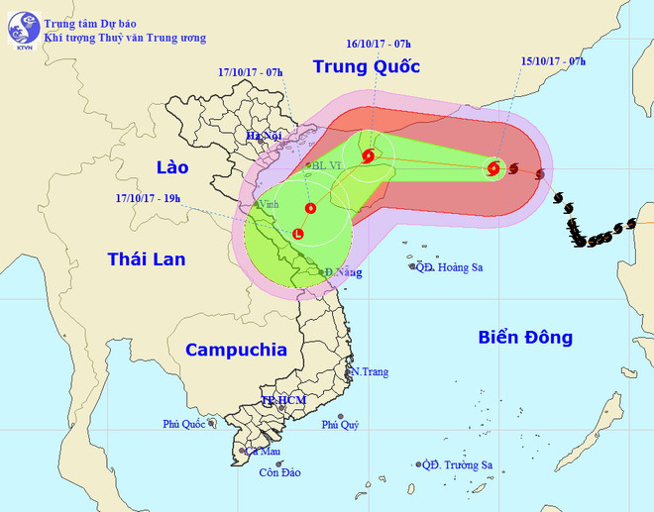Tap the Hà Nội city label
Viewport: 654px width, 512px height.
click(x=266, y=137)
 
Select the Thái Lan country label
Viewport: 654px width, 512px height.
click(x=146, y=258)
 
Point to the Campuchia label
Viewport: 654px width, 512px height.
click(x=236, y=350)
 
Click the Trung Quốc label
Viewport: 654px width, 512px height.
click(x=366, y=67)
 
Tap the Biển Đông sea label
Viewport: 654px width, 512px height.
click(x=525, y=337)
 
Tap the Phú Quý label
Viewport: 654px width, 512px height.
click(x=341, y=426)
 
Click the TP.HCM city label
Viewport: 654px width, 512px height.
click(x=282, y=400)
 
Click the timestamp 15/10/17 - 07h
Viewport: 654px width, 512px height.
click(x=553, y=61)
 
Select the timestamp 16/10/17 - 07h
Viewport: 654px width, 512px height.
click(x=378, y=45)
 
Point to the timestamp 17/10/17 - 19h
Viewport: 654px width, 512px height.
click(x=148, y=198)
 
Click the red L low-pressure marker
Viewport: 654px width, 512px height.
click(x=299, y=234)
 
